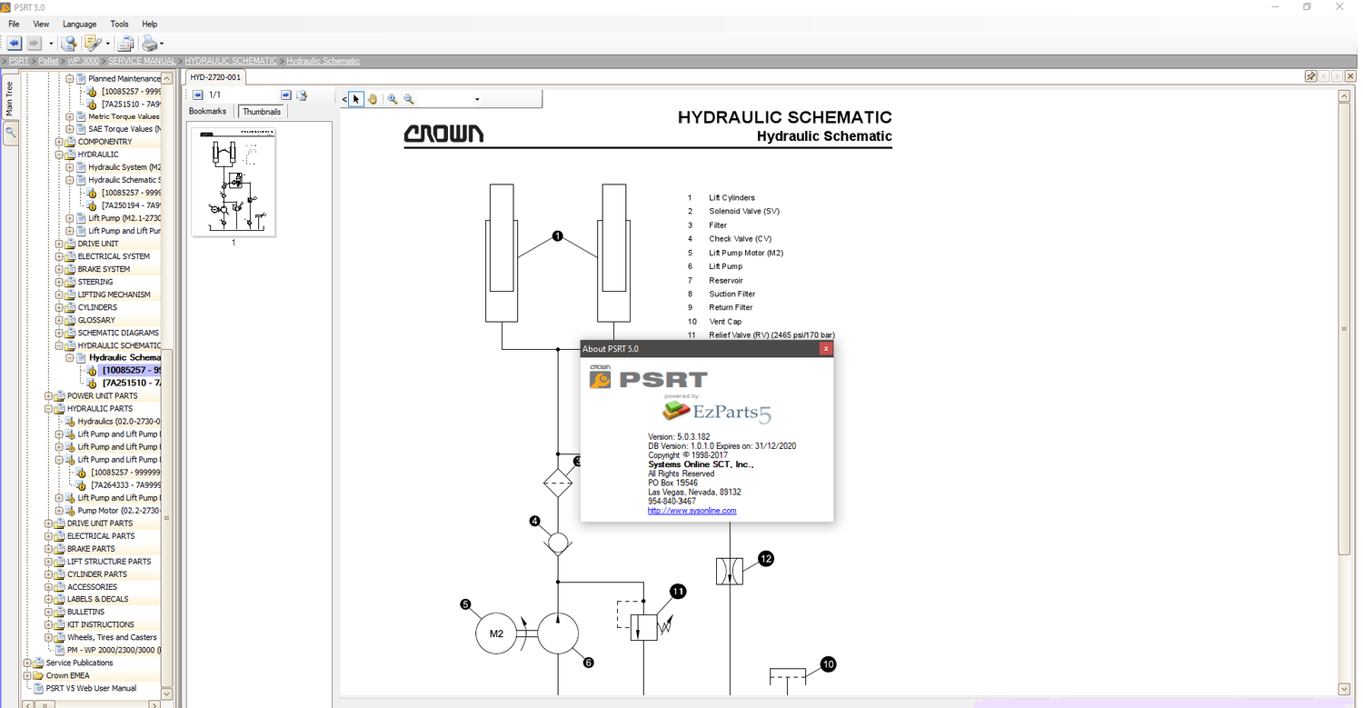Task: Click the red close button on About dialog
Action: [825, 349]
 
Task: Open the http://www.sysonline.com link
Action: [691, 511]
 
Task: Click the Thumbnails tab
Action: [261, 112]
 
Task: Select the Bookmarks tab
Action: [207, 112]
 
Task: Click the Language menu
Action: [79, 24]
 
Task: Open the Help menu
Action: [150, 24]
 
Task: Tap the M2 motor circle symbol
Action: [496, 633]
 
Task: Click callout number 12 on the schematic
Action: [766, 559]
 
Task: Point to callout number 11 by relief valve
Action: [678, 592]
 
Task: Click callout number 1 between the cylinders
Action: [558, 236]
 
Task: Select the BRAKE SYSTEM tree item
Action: [104, 269]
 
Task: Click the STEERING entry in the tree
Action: [95, 282]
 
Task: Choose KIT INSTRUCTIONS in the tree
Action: [100, 624]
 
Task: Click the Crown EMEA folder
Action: [68, 675]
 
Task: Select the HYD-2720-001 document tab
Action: [215, 77]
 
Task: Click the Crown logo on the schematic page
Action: [443, 135]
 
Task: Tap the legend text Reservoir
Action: [726, 280]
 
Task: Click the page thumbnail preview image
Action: [234, 183]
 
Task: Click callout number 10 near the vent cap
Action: [828, 664]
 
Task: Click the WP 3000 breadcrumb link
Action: [84, 61]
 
